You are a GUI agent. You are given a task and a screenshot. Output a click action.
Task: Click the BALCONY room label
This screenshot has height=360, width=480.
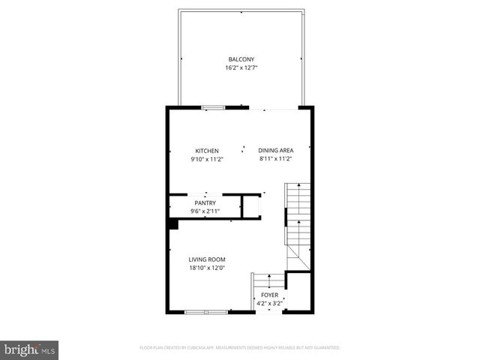241,59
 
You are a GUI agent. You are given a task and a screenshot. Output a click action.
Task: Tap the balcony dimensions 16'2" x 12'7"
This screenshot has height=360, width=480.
241,67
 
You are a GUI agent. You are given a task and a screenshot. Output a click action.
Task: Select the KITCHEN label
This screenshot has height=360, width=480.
207,151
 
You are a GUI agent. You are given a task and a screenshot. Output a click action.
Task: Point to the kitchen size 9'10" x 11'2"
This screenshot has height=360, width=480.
207,159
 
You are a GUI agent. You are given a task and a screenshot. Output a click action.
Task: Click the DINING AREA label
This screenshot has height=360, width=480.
276,151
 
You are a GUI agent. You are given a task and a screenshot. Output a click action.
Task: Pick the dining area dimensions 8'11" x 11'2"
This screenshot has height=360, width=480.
276,159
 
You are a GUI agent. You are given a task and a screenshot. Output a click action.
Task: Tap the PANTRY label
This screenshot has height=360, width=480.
205,202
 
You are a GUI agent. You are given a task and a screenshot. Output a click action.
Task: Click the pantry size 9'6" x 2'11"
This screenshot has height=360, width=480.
205,211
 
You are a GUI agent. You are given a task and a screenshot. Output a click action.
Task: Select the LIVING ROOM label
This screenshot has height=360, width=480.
207,259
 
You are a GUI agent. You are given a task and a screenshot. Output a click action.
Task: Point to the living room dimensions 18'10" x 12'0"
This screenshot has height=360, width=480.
207,268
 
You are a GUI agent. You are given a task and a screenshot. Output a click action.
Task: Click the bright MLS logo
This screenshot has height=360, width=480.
30,349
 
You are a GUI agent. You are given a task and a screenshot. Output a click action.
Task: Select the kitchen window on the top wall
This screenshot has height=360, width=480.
214,108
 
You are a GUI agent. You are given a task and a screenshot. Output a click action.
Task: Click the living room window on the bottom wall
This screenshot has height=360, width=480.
205,311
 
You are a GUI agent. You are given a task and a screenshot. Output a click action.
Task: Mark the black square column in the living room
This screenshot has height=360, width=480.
172,223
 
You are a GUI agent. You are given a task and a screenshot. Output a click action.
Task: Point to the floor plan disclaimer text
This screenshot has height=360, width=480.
240,348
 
